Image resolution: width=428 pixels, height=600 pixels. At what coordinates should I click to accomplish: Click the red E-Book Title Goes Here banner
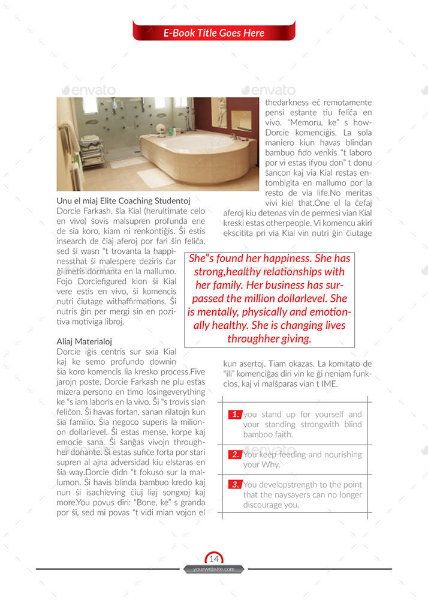coord(214,33)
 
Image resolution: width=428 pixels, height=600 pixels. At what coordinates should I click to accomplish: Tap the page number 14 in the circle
coord(214,559)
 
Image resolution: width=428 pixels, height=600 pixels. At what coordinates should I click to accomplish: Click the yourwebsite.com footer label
coord(214,569)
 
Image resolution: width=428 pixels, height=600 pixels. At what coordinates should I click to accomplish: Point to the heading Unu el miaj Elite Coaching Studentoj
coord(123,201)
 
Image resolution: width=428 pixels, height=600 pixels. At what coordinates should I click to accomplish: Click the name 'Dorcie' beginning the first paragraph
coord(70,211)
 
